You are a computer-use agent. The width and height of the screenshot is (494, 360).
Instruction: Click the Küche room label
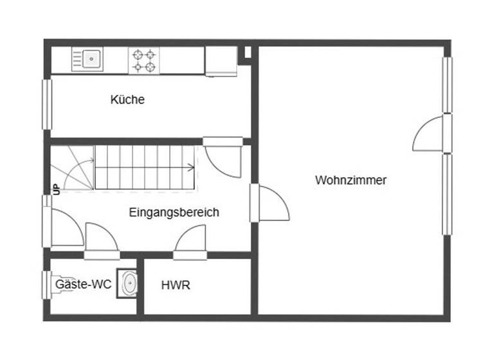127,100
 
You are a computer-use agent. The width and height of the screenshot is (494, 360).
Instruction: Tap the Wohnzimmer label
351,180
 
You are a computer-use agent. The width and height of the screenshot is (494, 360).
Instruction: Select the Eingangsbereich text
174,212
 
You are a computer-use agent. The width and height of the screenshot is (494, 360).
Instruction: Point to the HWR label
176,285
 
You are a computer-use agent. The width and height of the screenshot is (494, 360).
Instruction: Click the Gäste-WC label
83,283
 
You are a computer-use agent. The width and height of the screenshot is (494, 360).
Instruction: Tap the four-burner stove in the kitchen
144,60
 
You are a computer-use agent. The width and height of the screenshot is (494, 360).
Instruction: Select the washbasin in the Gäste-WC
129,283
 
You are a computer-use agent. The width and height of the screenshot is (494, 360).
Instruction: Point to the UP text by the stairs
56,188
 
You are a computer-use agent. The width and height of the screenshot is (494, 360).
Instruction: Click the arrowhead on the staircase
191,168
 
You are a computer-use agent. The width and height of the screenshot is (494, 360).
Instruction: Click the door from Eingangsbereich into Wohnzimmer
272,204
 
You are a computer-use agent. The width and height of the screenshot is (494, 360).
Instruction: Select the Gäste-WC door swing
102,239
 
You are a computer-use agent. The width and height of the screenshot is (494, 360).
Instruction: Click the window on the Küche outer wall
46,104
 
